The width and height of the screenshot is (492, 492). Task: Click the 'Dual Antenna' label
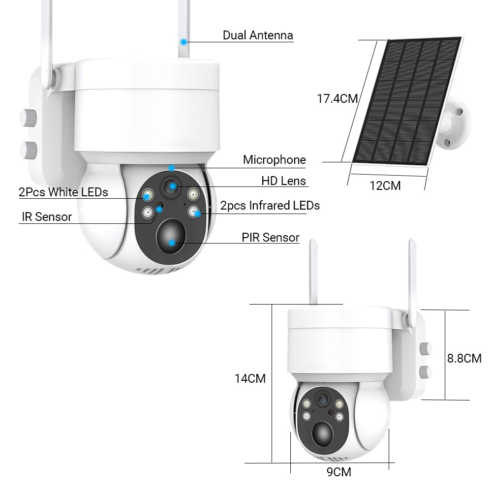[x=258, y=35]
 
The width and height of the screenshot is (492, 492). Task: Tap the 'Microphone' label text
[x=274, y=160]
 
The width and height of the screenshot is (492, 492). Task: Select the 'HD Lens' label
[x=283, y=181]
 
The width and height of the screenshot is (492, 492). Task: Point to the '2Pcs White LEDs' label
[x=63, y=192]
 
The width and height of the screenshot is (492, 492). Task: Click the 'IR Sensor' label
[x=47, y=217]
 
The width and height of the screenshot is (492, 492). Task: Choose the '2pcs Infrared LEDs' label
[x=270, y=206]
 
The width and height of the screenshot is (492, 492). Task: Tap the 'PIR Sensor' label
[x=270, y=238]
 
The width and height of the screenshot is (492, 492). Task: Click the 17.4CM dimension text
[x=337, y=98]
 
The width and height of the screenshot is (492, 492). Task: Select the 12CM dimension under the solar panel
[x=385, y=185]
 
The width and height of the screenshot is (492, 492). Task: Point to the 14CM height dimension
[x=250, y=378]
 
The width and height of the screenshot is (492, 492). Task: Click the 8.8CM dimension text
[x=464, y=358]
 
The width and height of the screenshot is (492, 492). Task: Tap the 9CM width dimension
[x=339, y=472]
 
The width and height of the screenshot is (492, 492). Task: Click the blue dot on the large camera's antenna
[x=184, y=42]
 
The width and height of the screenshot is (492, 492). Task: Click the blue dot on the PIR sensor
[x=172, y=242]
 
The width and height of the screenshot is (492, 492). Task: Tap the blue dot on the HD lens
[x=173, y=185]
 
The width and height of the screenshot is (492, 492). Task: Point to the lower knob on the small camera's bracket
[x=426, y=371]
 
